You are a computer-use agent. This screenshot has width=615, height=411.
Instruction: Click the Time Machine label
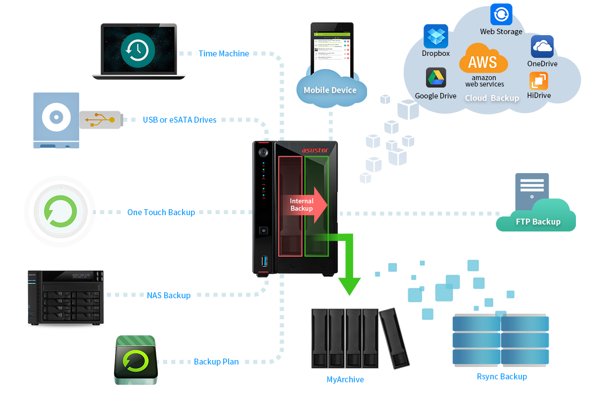click(x=224, y=53)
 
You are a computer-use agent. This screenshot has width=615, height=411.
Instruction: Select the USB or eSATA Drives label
click(x=180, y=120)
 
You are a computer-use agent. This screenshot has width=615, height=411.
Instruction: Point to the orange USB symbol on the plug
click(x=99, y=120)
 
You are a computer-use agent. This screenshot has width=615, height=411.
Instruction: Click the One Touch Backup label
click(x=161, y=212)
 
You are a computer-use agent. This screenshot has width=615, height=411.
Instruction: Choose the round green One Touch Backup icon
click(x=60, y=212)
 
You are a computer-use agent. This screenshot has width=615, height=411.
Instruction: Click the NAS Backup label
click(x=169, y=295)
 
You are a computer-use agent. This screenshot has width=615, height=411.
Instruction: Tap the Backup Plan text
click(x=216, y=362)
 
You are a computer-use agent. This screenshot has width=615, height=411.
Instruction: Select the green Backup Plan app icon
click(x=136, y=360)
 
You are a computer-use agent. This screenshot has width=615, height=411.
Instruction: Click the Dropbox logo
click(x=436, y=36)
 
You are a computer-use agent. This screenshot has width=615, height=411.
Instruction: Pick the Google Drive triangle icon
click(x=436, y=78)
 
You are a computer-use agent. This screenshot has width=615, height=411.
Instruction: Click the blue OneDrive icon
click(x=542, y=46)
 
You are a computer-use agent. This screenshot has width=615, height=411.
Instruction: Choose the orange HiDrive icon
click(x=539, y=81)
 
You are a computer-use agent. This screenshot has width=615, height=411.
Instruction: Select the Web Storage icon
click(x=501, y=14)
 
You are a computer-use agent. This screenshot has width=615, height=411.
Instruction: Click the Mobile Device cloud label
click(x=330, y=90)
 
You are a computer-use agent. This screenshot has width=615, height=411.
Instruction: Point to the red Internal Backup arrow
click(x=306, y=204)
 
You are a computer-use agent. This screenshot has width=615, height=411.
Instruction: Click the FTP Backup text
click(x=538, y=222)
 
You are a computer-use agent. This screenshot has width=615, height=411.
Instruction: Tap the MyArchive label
click(x=345, y=379)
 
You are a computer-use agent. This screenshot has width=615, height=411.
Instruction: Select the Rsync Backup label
click(x=502, y=376)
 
